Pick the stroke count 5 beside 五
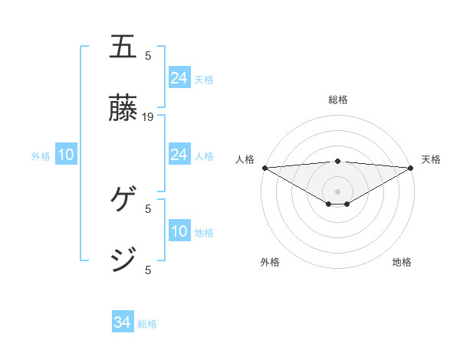pyautogui.click(x=148, y=55)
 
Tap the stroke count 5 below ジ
pyautogui.click(x=148, y=270)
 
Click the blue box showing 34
pyautogui.click(x=123, y=323)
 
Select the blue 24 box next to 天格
pyautogui.click(x=179, y=78)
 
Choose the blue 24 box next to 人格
pyautogui.click(x=179, y=155)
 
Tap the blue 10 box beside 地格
pyautogui.click(x=179, y=232)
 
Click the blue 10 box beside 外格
pyautogui.click(x=66, y=155)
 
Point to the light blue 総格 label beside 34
pyautogui.click(x=148, y=324)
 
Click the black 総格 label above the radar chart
pyautogui.click(x=338, y=100)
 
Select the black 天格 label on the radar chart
pyautogui.click(x=432, y=159)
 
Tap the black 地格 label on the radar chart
pyautogui.click(x=402, y=262)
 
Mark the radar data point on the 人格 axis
pyautogui.click(x=264, y=168)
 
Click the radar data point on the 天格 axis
pyautogui.click(x=411, y=168)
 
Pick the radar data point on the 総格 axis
pyautogui.click(x=338, y=161)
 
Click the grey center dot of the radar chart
pyautogui.click(x=338, y=191)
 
